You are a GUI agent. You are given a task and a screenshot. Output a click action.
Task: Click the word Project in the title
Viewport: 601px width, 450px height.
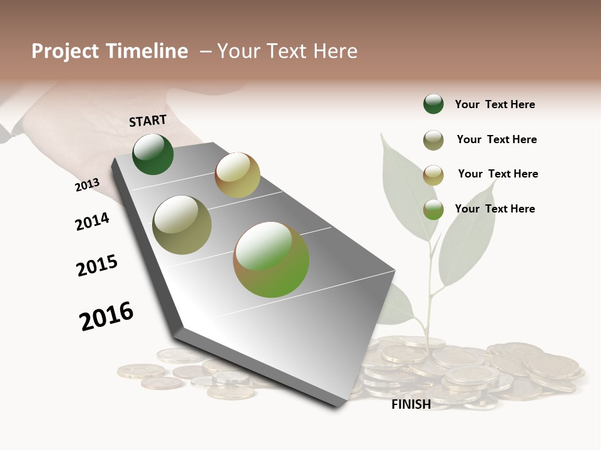[x=65, y=51]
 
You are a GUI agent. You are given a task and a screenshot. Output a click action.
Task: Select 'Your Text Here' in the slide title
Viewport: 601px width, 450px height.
[x=287, y=51]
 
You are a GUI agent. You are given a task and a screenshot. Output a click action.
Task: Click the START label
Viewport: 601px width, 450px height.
[x=148, y=121]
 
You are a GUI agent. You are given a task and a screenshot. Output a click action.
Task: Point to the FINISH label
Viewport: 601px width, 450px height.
[x=411, y=404]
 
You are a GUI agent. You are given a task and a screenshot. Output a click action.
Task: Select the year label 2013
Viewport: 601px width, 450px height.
[x=87, y=185]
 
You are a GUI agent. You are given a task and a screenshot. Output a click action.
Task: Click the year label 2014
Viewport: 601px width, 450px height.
[x=92, y=221]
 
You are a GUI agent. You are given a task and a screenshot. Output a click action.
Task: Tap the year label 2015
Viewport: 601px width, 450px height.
[x=97, y=266]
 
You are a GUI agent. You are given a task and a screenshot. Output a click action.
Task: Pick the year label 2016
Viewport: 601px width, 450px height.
[x=106, y=316]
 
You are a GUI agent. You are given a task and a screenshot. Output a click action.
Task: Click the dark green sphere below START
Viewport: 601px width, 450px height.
[x=153, y=154]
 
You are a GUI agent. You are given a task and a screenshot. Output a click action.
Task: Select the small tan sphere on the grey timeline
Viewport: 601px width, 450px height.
[x=237, y=175]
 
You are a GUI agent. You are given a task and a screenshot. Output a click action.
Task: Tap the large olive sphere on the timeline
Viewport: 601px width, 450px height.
[x=182, y=225]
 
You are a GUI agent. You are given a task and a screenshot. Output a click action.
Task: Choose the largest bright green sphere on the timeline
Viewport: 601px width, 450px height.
[x=271, y=259]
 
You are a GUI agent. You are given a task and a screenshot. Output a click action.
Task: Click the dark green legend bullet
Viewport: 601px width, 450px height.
[x=433, y=104]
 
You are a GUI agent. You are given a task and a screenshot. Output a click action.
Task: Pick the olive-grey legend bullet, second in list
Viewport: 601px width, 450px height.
[x=433, y=140]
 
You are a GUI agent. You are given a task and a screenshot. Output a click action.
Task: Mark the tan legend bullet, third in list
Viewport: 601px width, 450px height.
[x=433, y=174]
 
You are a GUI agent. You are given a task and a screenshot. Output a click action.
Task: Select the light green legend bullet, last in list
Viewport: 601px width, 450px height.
[x=433, y=209]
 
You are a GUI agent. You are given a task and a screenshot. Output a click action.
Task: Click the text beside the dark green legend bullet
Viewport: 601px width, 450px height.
[x=495, y=104]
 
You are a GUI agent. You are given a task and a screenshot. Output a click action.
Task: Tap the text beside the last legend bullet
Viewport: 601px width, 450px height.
[x=495, y=209]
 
